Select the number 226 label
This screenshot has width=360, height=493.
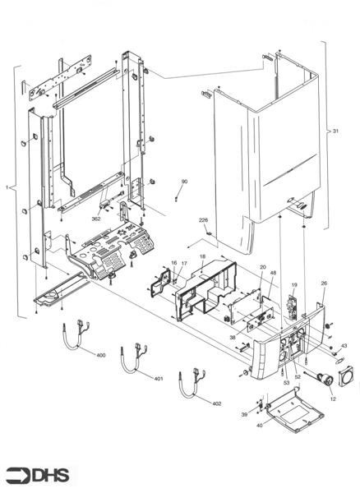click(202, 220)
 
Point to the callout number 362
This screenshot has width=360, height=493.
click(96, 220)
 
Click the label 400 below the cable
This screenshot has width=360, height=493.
click(101, 355)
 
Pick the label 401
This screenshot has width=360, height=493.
click(159, 379)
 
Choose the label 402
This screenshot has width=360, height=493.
click(216, 403)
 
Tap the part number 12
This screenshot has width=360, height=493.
click(333, 399)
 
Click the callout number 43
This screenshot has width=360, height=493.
click(344, 345)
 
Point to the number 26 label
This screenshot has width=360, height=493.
click(323, 283)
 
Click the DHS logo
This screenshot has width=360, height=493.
click(38, 475)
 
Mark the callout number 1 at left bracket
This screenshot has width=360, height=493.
click(8, 187)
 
